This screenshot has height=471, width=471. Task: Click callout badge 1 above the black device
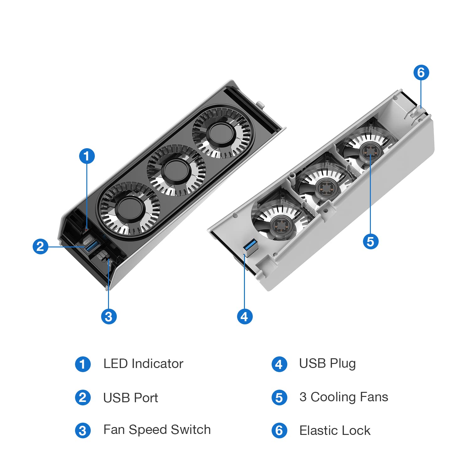87,156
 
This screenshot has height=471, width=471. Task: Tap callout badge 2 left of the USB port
41,246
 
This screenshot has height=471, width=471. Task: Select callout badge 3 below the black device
109,317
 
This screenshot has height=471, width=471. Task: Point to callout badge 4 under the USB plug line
245,317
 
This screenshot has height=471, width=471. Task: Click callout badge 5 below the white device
371,241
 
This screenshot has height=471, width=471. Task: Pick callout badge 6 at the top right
421,73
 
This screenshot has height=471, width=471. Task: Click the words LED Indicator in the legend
143,364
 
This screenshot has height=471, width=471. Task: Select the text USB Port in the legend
130,398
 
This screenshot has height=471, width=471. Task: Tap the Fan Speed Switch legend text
157,430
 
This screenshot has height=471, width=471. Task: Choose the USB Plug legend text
327,364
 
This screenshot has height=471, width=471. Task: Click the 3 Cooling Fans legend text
344,397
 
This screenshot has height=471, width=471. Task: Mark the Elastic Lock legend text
335,430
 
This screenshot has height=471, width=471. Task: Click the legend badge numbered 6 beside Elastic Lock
279,430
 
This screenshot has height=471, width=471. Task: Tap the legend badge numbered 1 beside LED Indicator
83,364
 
